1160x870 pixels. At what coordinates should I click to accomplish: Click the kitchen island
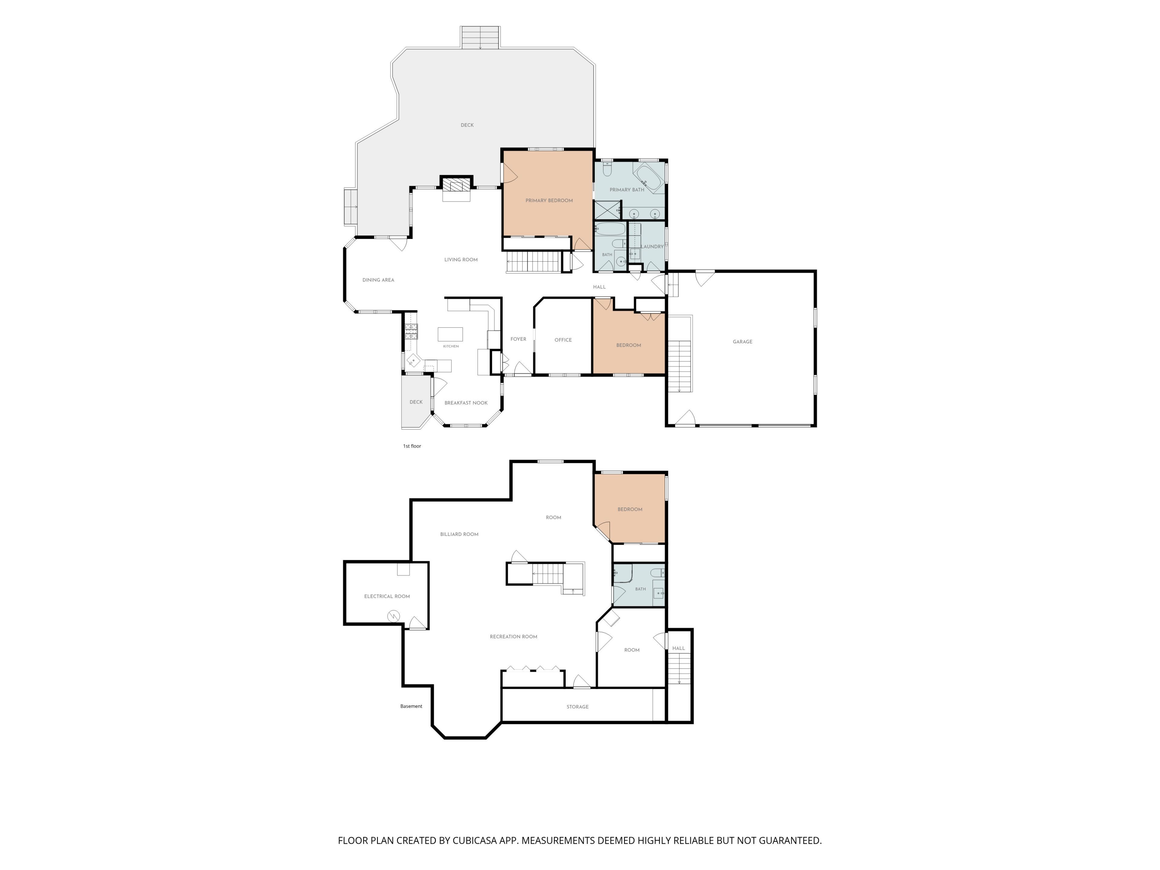pyautogui.click(x=450, y=334)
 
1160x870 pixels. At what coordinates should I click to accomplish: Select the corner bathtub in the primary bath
pyautogui.click(x=649, y=177)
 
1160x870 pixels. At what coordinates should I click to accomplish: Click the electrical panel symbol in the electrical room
pyautogui.click(x=393, y=616)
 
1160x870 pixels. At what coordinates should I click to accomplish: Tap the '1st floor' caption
pyautogui.click(x=412, y=446)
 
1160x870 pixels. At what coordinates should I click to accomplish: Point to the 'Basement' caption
pyautogui.click(x=411, y=706)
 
